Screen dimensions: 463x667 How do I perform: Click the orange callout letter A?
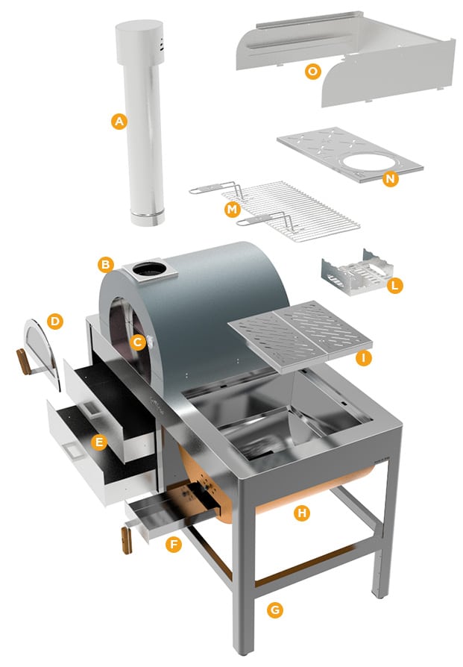click(119, 122)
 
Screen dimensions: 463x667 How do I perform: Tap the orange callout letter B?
click(105, 265)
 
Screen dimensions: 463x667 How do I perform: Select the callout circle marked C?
click(138, 342)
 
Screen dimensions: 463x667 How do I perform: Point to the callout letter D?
click(55, 321)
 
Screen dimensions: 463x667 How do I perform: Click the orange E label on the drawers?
click(98, 442)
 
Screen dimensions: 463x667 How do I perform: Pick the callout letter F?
click(174, 544)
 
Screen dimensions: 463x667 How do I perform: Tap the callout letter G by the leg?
click(275, 610)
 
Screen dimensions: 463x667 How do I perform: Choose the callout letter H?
click(302, 513)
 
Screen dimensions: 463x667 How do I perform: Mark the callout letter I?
click(363, 357)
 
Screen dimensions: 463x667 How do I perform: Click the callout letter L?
click(394, 286)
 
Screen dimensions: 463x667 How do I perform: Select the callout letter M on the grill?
click(233, 210)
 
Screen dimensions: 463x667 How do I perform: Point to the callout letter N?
click(390, 179)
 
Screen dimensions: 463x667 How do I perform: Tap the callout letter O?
click(313, 71)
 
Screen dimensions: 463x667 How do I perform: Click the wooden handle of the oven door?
click(23, 362)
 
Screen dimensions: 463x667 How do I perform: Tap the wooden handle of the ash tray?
click(127, 540)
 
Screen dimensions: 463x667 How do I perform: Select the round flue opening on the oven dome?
click(149, 269)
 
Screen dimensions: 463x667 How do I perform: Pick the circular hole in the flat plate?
click(370, 163)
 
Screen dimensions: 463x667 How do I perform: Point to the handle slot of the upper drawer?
click(92, 409)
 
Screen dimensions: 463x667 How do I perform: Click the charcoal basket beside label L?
click(356, 273)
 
